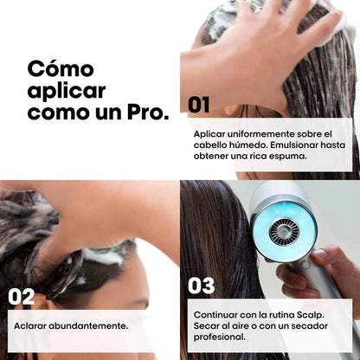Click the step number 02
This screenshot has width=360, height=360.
tap(22, 296)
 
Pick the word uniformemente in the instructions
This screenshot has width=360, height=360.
tap(255, 134)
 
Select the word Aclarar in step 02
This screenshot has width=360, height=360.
tap(32, 325)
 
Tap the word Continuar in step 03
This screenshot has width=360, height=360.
tap(218, 315)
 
